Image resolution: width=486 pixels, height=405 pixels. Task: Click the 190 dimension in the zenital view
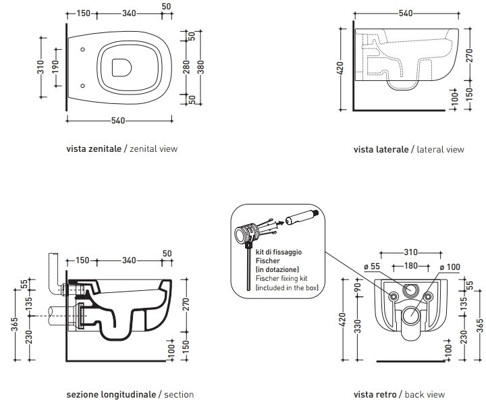[55, 67]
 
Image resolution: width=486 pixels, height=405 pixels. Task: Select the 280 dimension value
[186, 67]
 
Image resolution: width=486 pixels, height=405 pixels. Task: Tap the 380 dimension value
[201, 67]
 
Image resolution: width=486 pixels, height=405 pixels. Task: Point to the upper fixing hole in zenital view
[82, 49]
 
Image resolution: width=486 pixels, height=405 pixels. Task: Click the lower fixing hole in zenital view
[82, 86]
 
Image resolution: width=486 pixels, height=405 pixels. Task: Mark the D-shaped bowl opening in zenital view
[122, 67]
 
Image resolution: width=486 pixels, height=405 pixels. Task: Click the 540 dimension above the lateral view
[406, 13]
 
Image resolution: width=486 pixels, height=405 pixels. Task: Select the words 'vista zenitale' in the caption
[94, 148]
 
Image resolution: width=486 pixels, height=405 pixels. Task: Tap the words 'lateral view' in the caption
[440, 149]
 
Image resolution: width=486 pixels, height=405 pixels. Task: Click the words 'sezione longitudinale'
[111, 394]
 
